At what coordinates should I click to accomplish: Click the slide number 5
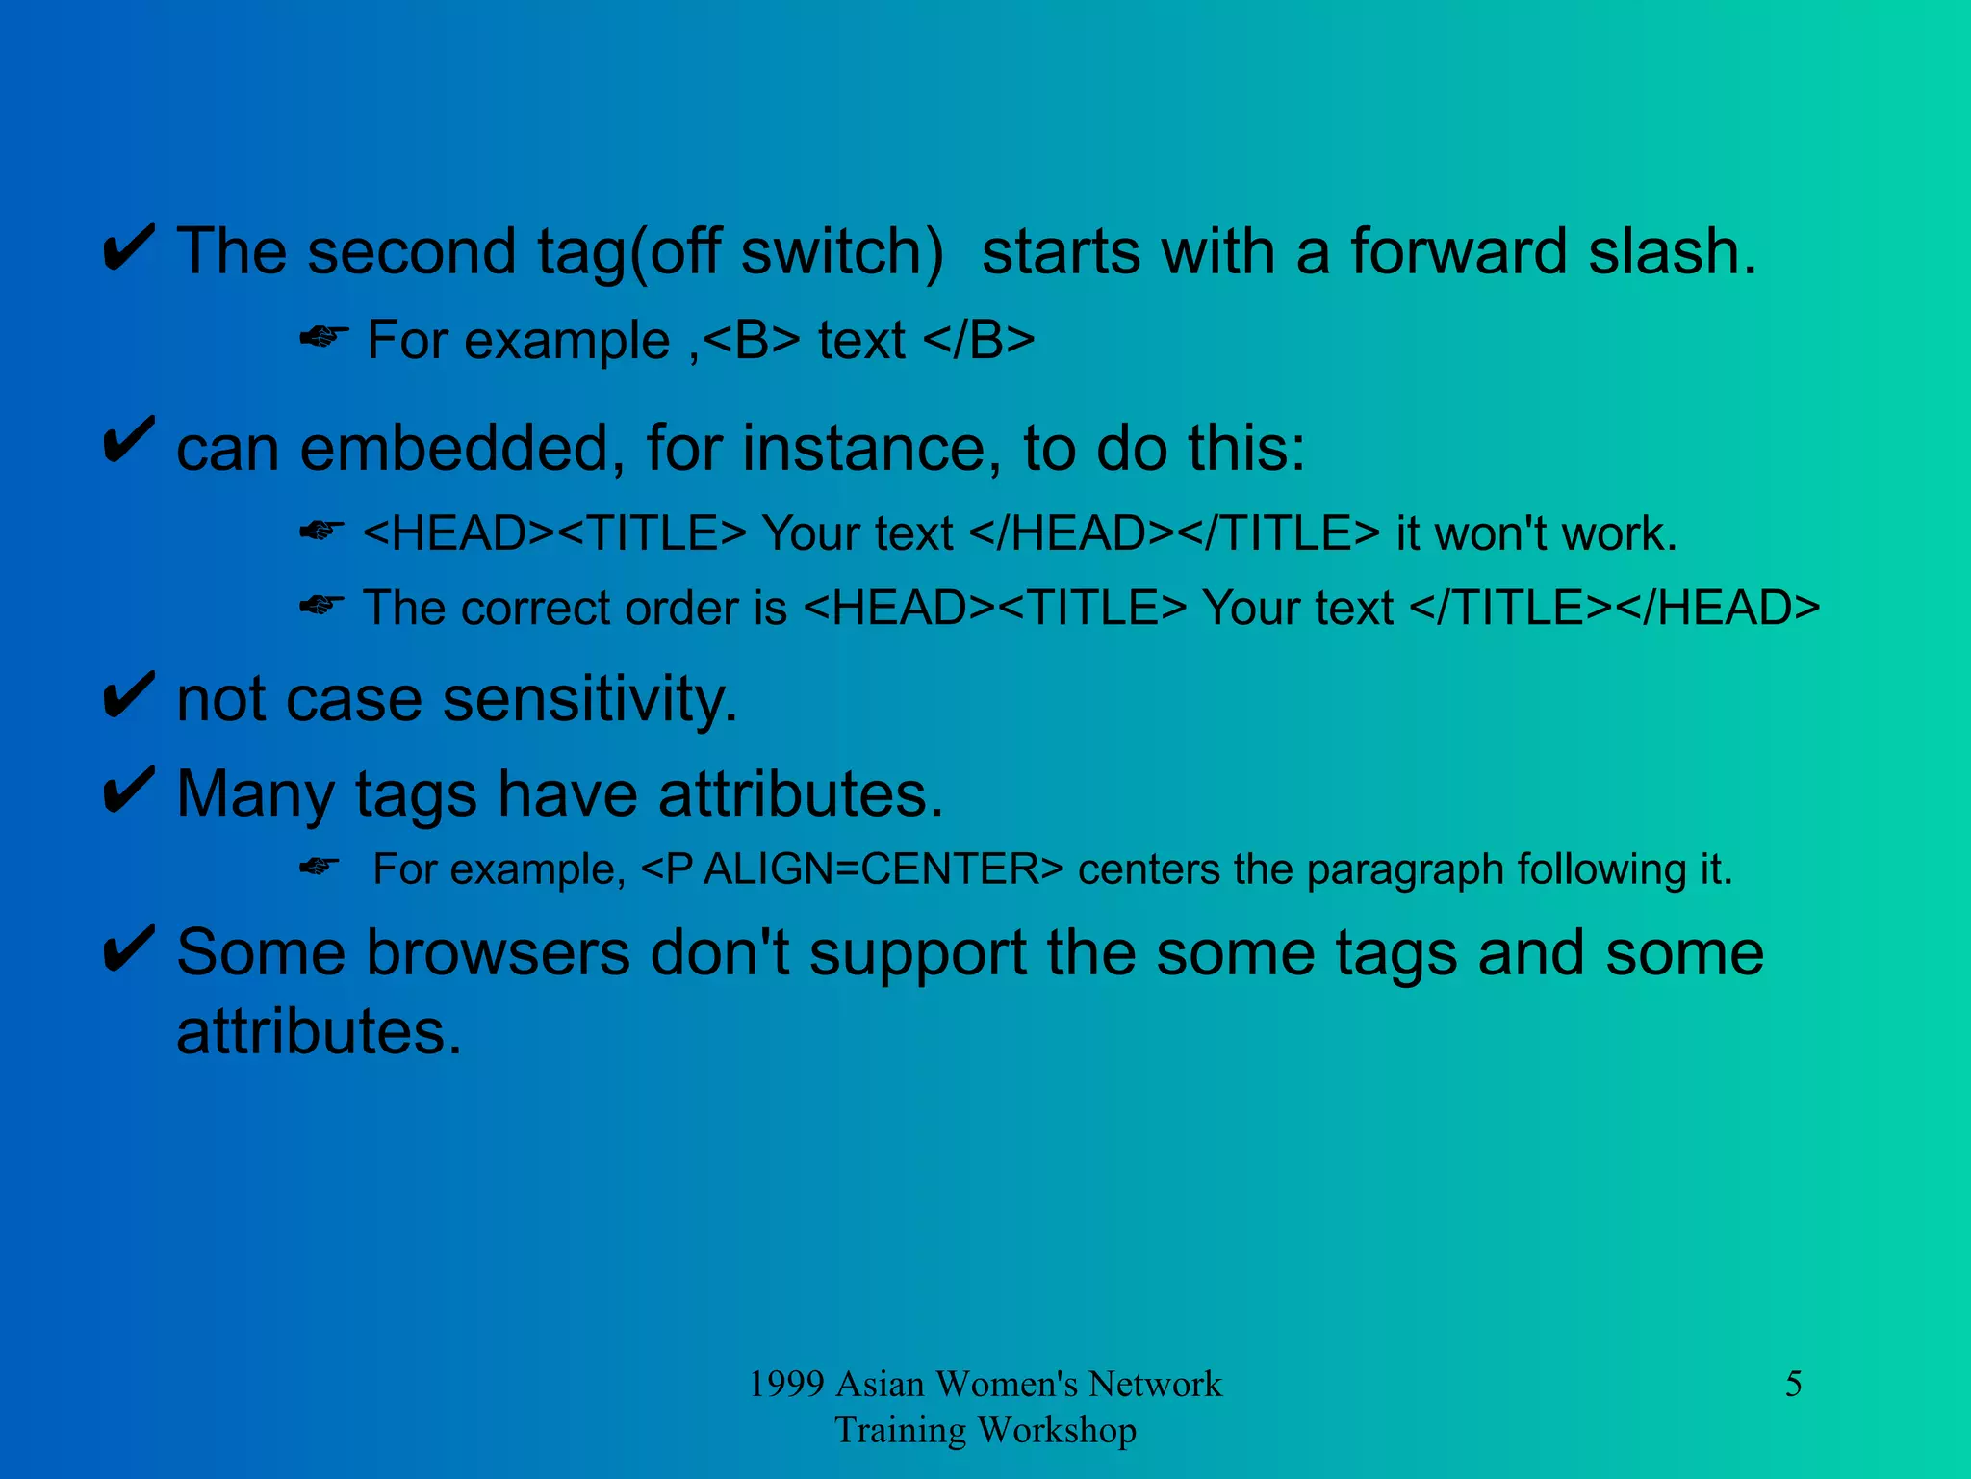(1793, 1384)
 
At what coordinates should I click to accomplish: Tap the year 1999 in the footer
(786, 1384)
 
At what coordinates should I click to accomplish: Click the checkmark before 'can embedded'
(129, 441)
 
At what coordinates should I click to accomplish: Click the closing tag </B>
(978, 340)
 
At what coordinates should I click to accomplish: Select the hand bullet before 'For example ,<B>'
(323, 338)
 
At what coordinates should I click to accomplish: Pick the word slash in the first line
(1672, 251)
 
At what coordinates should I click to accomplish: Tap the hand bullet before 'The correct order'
(321, 606)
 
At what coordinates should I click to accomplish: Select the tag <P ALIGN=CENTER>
(852, 869)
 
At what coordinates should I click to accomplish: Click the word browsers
(498, 953)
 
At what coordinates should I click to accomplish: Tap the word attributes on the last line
(319, 1032)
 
